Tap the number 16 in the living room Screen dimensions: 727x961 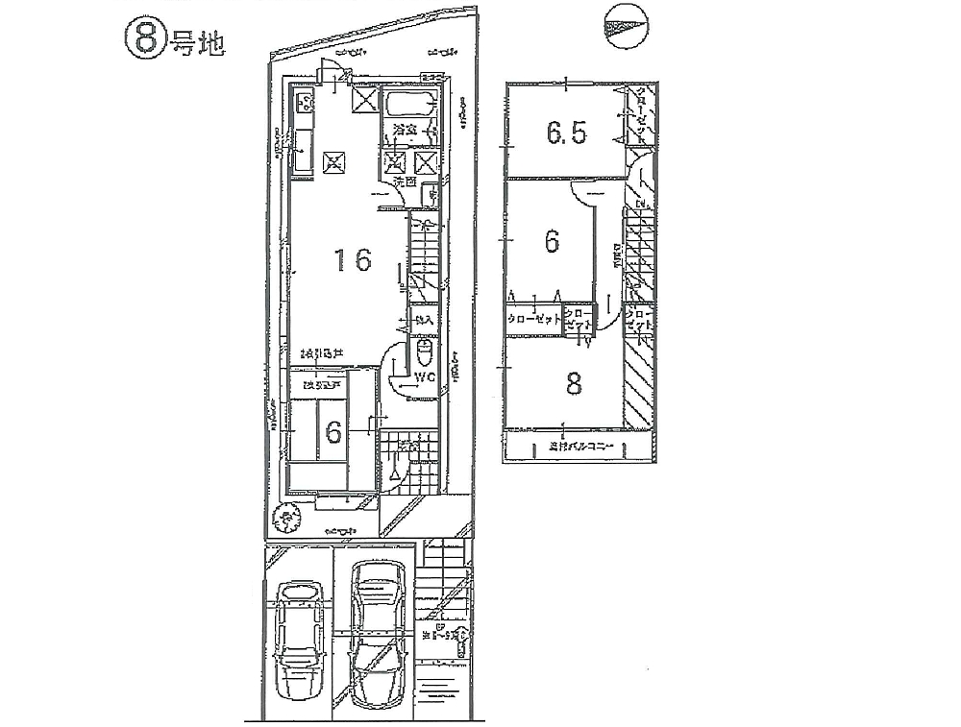353,260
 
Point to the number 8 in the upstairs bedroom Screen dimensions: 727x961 574,384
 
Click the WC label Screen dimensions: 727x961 426,378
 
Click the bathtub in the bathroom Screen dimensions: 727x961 409,104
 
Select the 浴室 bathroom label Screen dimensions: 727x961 403,129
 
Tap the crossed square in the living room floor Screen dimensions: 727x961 334,161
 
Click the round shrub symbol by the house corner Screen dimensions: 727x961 287,520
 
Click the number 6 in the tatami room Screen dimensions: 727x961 333,433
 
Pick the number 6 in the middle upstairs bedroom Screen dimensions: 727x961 552,241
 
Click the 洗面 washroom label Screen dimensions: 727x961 403,181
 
